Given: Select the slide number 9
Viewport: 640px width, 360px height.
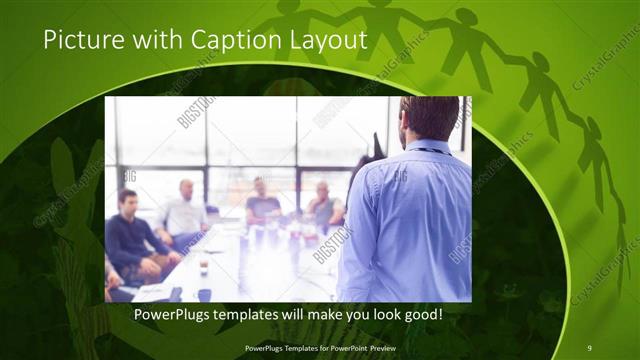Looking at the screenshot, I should click(x=590, y=348).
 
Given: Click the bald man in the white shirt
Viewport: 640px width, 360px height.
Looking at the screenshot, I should click(x=183, y=213).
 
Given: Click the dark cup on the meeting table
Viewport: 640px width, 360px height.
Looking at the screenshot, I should click(x=203, y=267).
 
